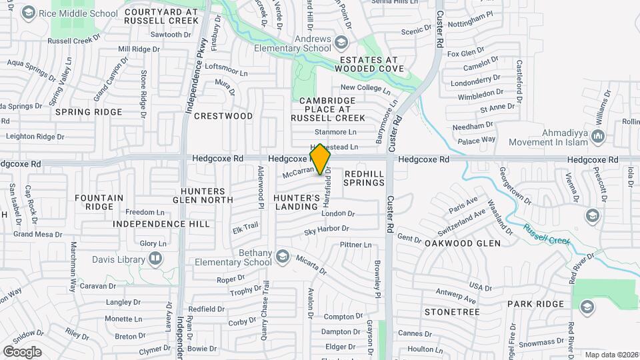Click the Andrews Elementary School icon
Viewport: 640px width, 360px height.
click(341, 43)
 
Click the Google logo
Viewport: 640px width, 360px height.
click(22, 351)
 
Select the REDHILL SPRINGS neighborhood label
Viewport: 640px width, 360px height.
click(364, 177)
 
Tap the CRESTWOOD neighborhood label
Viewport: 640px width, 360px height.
click(223, 116)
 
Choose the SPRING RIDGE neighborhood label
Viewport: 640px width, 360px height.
click(89, 112)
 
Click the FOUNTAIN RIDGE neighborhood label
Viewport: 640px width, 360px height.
click(99, 202)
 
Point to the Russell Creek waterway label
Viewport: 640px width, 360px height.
click(546, 233)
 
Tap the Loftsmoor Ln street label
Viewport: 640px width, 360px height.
click(225, 67)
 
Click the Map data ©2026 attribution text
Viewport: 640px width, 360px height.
click(610, 355)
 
